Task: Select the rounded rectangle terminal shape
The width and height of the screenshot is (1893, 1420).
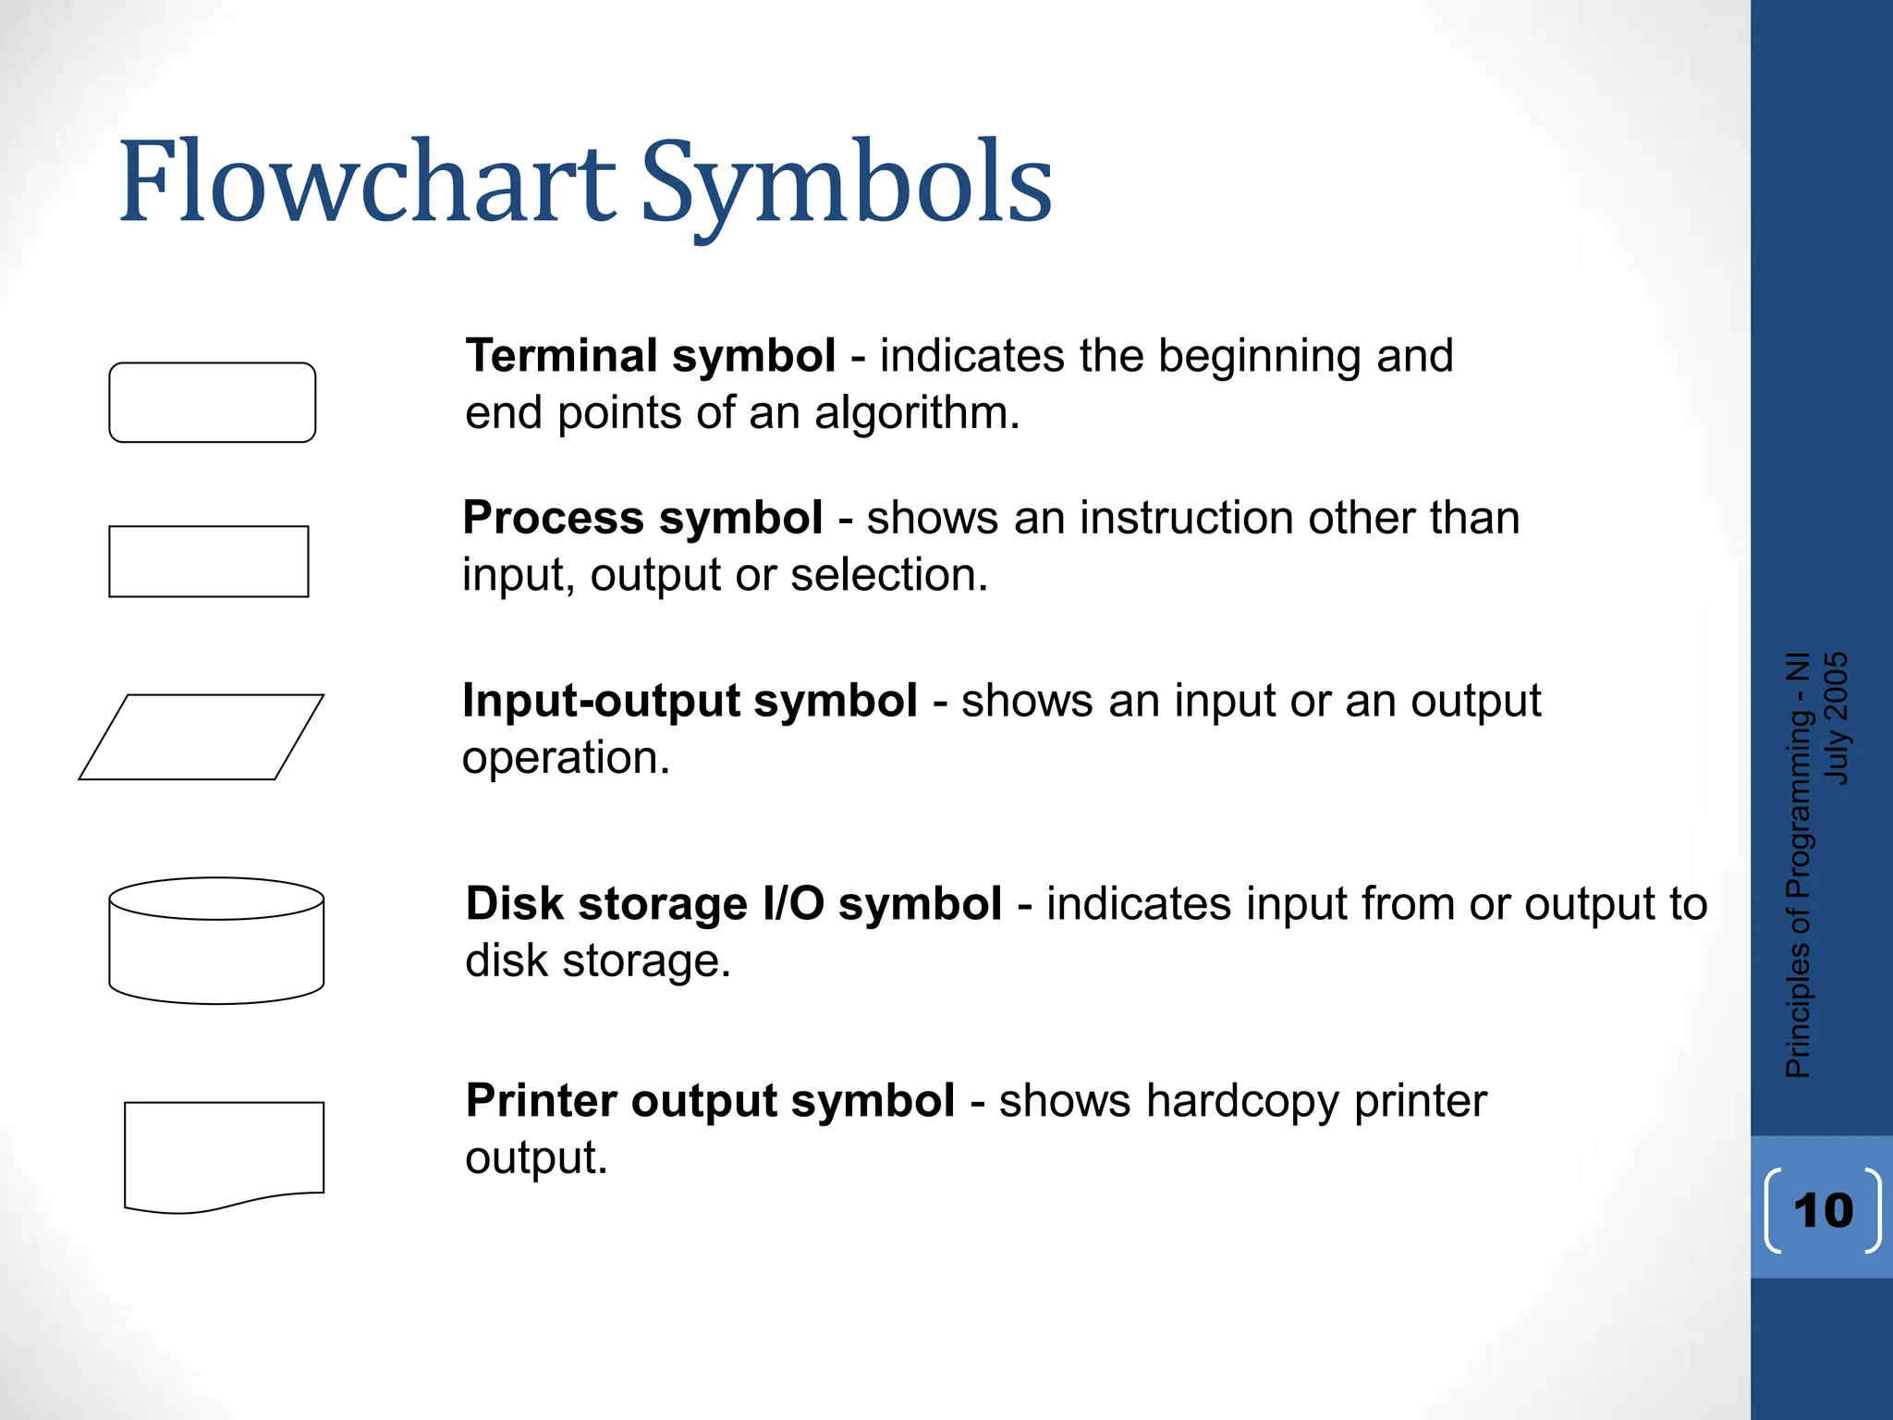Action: [x=213, y=402]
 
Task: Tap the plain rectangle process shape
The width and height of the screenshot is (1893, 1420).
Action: [x=209, y=561]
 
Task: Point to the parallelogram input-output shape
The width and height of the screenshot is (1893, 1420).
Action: [x=202, y=737]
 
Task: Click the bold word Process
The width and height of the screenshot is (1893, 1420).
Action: [x=552, y=518]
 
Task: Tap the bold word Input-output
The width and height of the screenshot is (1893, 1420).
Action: [x=603, y=701]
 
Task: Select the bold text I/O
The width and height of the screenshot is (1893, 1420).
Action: [x=793, y=903]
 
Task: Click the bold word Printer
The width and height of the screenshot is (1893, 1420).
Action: [x=542, y=1100]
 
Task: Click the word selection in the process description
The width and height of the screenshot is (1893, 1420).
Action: [x=887, y=575]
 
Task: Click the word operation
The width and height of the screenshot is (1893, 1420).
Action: [x=565, y=758]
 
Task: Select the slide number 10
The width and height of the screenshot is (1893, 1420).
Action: [x=1823, y=1210]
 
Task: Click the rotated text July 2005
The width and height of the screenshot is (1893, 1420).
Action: [x=1837, y=718]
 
